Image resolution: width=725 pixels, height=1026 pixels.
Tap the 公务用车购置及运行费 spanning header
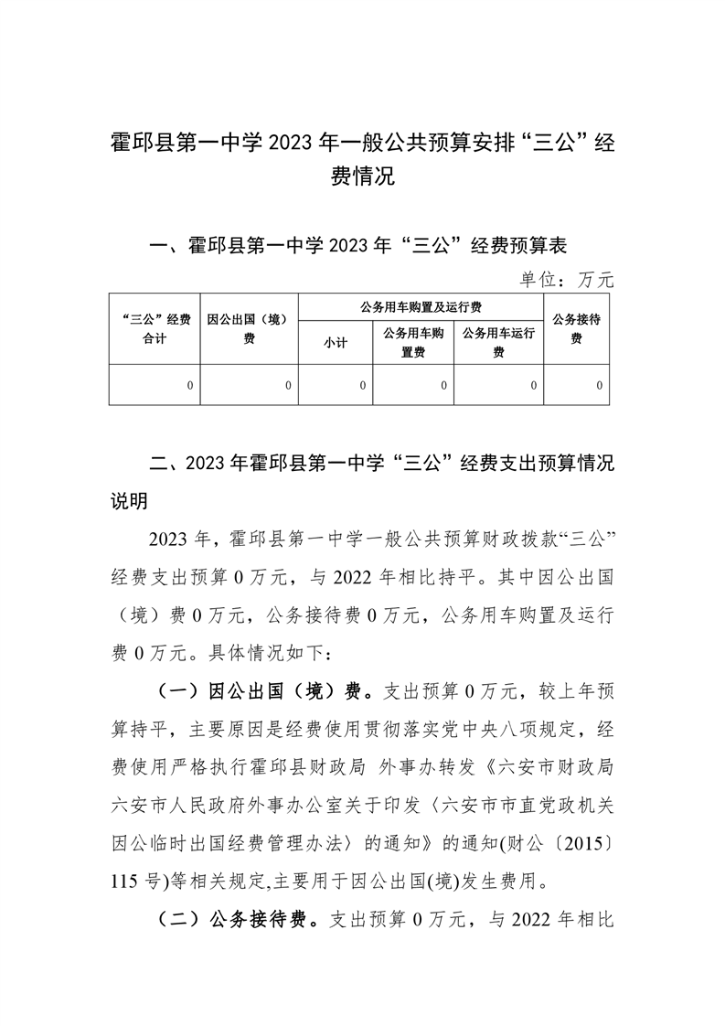[x=421, y=306]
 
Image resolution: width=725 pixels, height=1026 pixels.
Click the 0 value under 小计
[x=363, y=386]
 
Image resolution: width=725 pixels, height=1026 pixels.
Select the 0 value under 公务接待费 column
[x=600, y=386]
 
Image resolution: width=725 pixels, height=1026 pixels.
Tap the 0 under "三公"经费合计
[x=190, y=386]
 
